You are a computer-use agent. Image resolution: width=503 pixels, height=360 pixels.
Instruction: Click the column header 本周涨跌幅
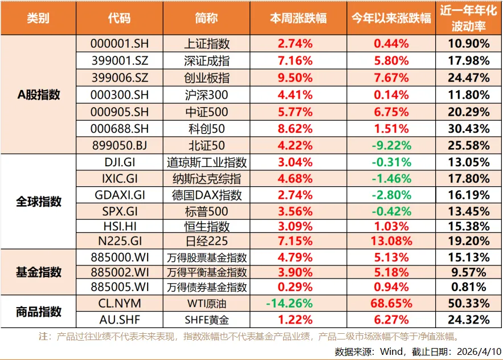[x=298, y=18]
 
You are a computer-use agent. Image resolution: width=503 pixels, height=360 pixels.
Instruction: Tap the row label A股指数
[x=39, y=95]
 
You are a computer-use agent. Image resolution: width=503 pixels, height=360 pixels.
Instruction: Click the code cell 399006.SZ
[x=120, y=78]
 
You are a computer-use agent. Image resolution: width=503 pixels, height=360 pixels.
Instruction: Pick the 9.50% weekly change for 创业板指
[x=295, y=78]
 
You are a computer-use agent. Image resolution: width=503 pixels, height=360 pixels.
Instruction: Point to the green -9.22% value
[x=391, y=146]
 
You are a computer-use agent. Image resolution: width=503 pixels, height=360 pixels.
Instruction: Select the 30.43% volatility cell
[x=469, y=129]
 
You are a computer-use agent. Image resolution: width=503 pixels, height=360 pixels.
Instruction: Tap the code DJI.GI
[x=120, y=163]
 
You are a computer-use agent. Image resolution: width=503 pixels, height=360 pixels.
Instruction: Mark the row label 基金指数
[x=39, y=272]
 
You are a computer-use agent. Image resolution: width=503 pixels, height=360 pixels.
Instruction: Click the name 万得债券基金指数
[x=208, y=287]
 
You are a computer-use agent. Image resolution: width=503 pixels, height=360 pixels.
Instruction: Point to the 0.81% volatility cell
[x=469, y=287]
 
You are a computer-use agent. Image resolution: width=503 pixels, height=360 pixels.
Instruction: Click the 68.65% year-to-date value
[x=391, y=303]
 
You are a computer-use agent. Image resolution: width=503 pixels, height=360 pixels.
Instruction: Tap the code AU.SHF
[x=120, y=320]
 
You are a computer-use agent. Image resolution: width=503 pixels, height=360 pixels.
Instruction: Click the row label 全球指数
[x=39, y=202]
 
